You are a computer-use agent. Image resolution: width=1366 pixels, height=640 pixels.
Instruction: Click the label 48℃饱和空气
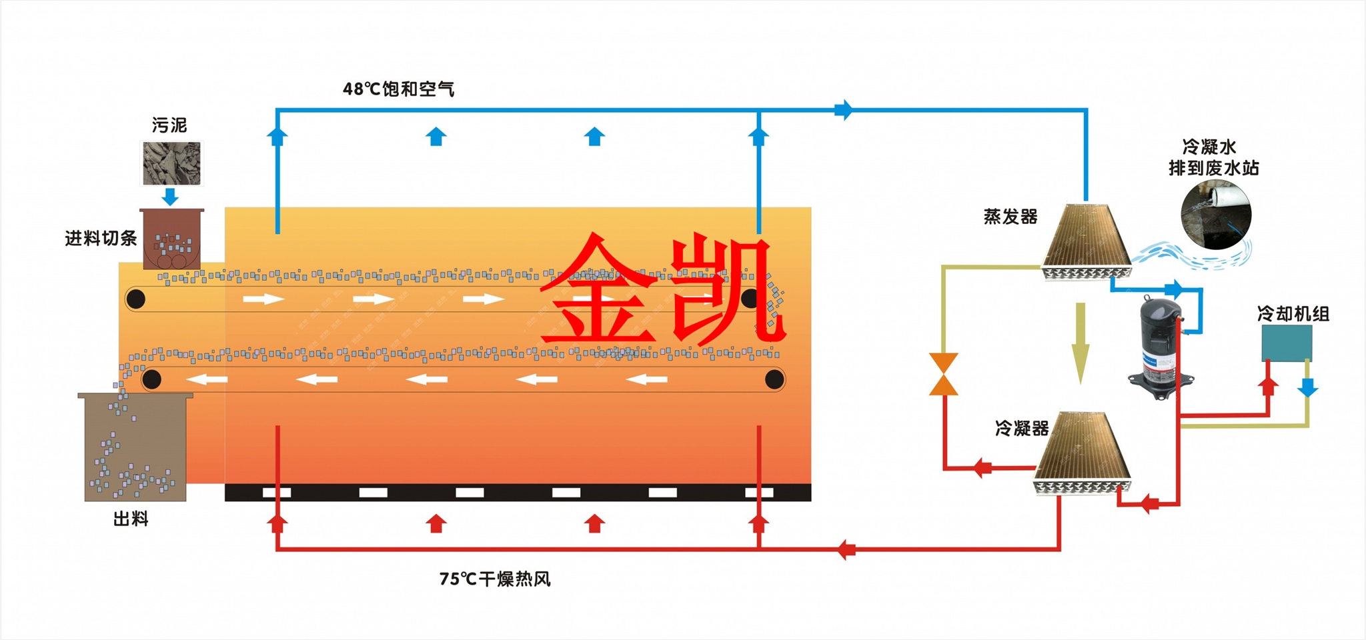398,89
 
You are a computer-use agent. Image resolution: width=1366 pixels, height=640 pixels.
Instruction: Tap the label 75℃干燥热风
495,579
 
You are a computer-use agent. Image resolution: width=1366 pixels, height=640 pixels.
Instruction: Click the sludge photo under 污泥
171,163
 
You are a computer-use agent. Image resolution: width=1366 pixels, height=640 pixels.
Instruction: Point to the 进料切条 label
101,238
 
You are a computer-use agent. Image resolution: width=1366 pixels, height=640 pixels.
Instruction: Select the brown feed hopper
171,239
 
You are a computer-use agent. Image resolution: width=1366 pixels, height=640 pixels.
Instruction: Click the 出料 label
131,519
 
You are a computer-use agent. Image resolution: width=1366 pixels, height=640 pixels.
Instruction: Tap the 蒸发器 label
1010,217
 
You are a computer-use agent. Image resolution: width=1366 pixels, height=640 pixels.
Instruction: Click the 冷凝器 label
1022,428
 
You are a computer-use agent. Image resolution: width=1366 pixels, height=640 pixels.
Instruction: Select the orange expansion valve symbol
944,374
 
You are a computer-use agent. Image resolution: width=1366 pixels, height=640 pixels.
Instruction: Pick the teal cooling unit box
1287,343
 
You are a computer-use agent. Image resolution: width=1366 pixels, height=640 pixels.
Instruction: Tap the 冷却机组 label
1293,313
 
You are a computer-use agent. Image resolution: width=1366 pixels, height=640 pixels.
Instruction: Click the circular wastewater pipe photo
1216,215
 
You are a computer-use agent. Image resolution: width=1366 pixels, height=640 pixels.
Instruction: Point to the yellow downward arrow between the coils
1080,343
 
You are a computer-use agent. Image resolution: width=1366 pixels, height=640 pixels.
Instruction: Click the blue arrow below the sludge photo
171,196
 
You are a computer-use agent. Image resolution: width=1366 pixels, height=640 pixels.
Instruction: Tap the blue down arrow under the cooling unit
1307,387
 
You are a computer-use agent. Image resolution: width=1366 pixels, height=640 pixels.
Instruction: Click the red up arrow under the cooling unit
1268,385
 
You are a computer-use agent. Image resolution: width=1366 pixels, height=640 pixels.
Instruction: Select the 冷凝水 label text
1209,147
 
